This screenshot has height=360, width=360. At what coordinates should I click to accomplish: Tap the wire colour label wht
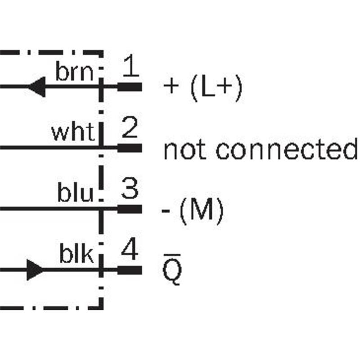pos(72,133)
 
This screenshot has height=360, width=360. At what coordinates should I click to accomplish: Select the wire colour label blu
pos(75,194)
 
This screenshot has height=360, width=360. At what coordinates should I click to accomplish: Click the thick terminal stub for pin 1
pos(130,86)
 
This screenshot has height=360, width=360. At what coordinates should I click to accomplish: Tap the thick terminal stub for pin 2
pos(130,148)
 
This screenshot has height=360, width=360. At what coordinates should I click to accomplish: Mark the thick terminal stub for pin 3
pos(130,209)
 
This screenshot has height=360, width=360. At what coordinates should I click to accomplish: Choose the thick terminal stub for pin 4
pos(130,270)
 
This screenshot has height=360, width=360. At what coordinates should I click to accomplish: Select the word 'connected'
pos(285,149)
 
